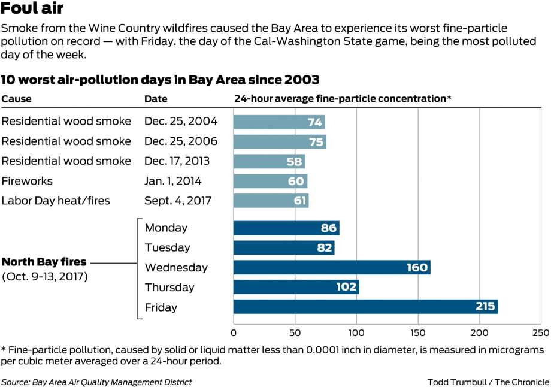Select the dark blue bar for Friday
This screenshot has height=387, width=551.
365,307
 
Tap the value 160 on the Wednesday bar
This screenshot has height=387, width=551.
416,267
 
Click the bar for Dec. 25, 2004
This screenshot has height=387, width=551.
278,122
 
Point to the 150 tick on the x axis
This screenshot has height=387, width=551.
418,332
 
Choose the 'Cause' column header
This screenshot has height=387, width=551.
16,99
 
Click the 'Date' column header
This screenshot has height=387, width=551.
156,99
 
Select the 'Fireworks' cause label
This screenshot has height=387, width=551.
27,181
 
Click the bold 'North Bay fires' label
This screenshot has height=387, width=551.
44,262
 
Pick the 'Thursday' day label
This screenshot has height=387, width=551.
169,287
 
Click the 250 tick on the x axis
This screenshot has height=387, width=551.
540,332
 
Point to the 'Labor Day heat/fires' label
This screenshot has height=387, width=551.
56,201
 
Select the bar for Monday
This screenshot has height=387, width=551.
286,228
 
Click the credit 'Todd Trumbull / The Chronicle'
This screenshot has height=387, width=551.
488,382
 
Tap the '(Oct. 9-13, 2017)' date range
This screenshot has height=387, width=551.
46,277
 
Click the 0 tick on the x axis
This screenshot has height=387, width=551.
234,332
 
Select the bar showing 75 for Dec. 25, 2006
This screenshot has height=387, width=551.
279,141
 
